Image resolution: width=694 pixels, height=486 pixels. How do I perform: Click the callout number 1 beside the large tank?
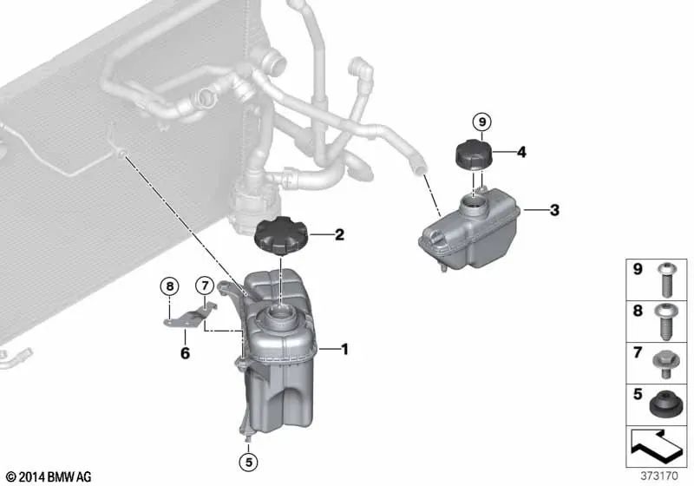pos(344,350)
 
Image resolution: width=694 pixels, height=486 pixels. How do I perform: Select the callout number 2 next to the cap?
pos(339,234)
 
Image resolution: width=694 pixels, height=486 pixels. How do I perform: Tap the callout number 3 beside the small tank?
pos(554,209)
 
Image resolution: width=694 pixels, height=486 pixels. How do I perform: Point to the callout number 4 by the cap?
pos(521,153)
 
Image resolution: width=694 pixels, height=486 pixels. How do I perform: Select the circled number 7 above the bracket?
pos(205,285)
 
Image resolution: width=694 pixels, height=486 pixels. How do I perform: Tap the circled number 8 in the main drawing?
pos(170,285)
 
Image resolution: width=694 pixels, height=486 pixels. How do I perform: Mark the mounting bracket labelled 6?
pos(189,315)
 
